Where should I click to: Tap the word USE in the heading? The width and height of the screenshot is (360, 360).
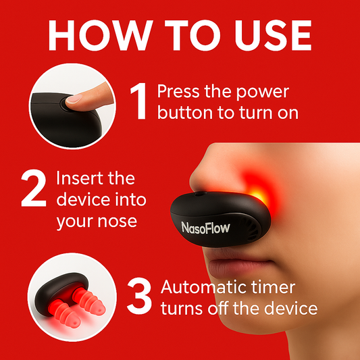click(x=273, y=35)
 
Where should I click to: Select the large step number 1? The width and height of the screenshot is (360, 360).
click(x=139, y=101)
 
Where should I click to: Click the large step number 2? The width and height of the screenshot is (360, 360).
click(x=34, y=188)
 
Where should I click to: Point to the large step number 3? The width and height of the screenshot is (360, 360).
click(x=139, y=296)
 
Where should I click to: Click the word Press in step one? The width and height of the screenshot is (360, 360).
click(x=178, y=91)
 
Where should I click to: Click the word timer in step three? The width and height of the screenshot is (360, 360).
click(x=274, y=287)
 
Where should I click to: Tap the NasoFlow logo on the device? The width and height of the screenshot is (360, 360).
click(x=205, y=228)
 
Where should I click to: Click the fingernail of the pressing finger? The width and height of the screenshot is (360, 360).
click(x=74, y=99)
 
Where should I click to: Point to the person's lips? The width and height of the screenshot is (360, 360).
click(x=239, y=266)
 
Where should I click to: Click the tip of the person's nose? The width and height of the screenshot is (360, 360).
click(x=192, y=180)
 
